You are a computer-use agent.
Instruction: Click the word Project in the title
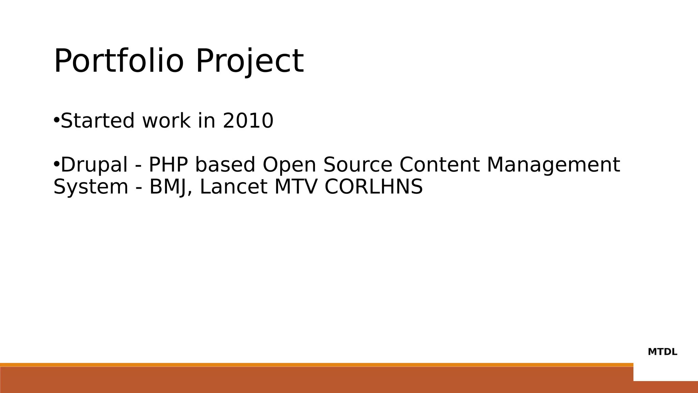click(x=249, y=61)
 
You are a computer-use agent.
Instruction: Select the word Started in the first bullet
click(x=97, y=120)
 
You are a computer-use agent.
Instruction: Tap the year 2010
click(x=248, y=120)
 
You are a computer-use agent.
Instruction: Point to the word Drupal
click(x=94, y=165)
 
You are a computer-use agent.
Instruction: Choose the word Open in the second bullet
click(x=289, y=165)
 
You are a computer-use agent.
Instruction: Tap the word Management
click(x=553, y=165)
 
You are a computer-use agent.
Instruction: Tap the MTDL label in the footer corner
click(x=662, y=352)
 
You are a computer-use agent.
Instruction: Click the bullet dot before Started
click(x=57, y=120)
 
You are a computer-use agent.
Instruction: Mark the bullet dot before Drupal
click(x=57, y=164)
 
